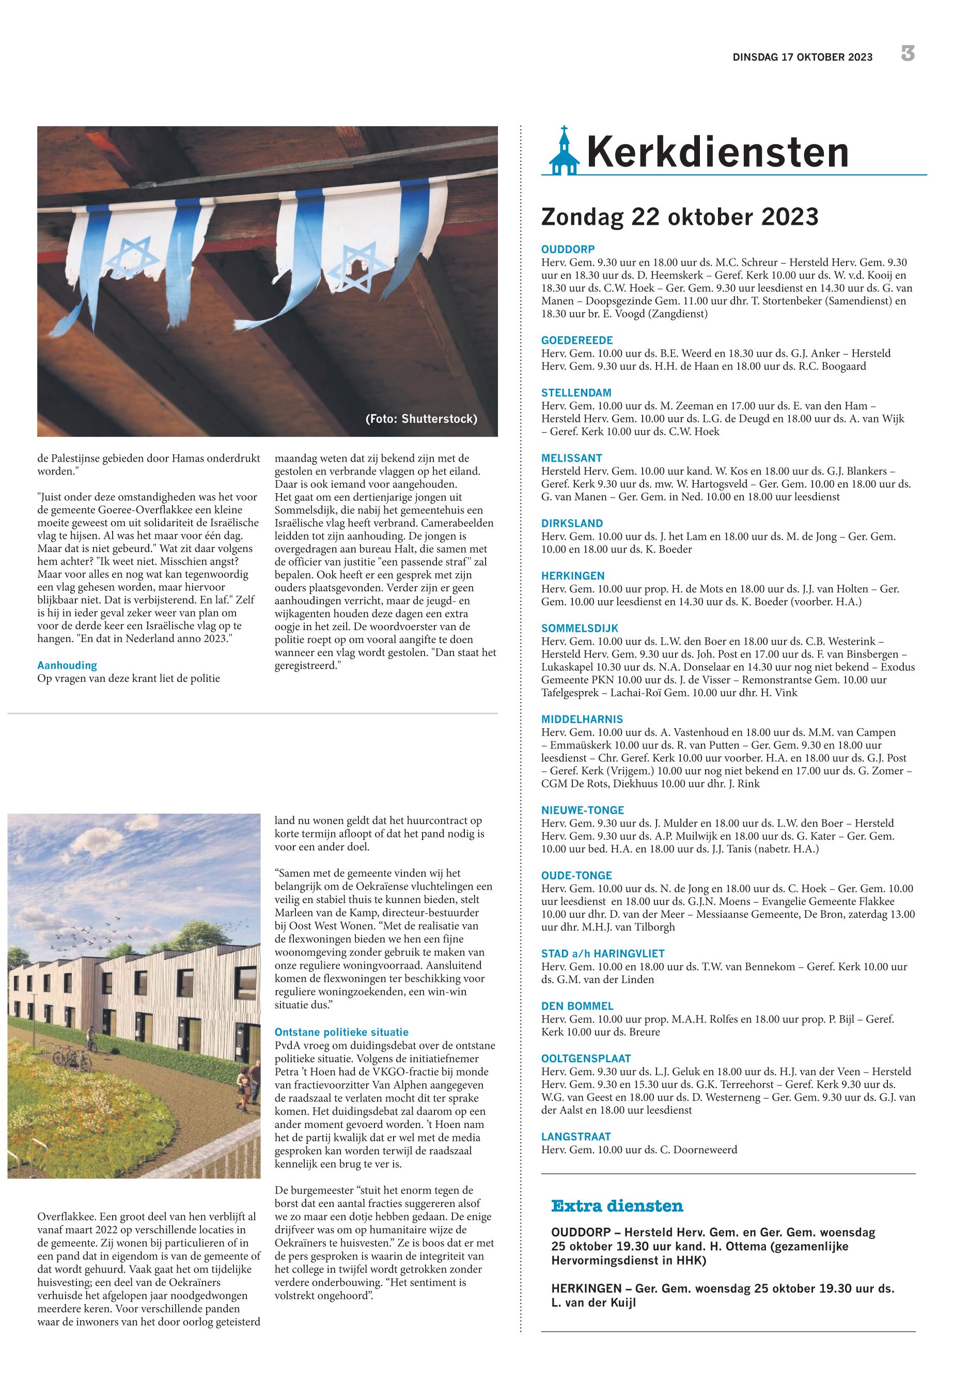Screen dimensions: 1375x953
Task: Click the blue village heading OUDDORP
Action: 568,249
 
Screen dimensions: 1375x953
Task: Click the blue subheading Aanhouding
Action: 67,665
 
